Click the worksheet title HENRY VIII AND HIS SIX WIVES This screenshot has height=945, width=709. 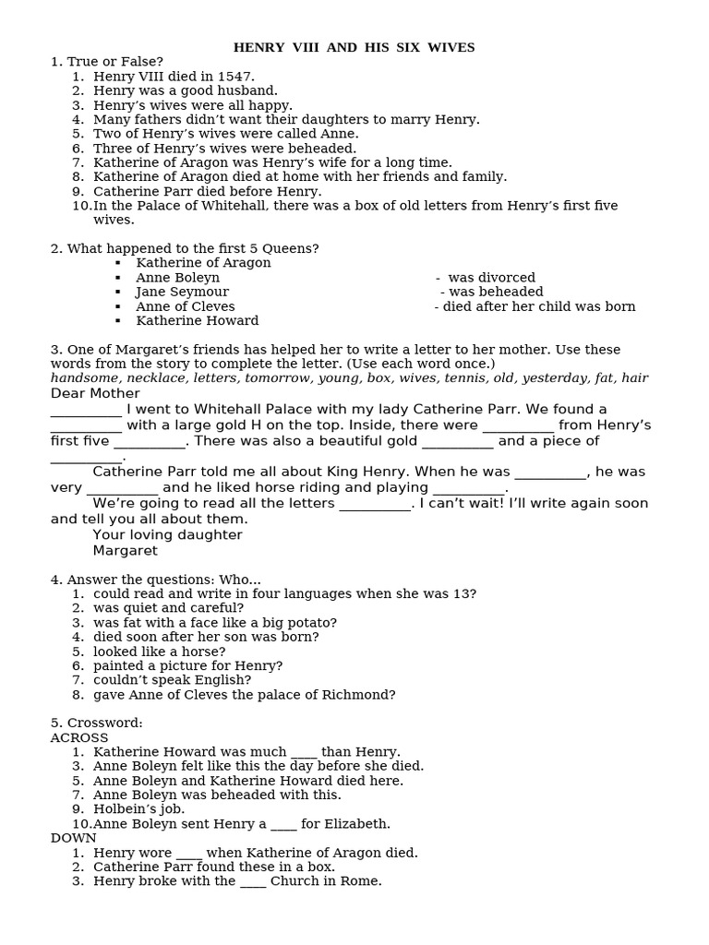354,47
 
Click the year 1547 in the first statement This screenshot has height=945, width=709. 236,77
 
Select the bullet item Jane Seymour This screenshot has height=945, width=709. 182,292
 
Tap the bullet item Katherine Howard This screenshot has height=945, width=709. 197,321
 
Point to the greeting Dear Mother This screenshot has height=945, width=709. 95,393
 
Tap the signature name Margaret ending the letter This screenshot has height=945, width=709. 125,551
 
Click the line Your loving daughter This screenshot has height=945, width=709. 167,535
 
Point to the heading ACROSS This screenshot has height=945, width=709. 79,738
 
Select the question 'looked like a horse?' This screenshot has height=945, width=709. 159,652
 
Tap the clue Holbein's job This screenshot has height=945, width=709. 138,809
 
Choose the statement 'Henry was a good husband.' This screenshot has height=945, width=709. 185,90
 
